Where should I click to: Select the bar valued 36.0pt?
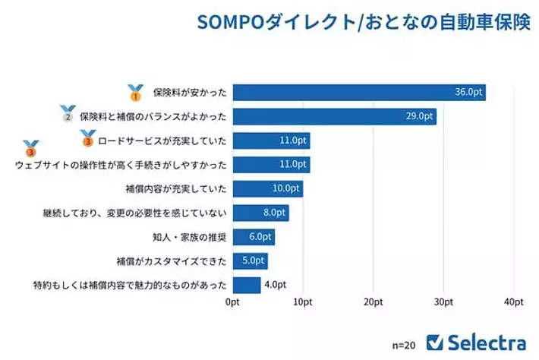pyautogui.click(x=358, y=93)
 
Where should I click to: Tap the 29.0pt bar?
pyautogui.click(x=334, y=117)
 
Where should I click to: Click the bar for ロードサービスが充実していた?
pyautogui.click(x=271, y=141)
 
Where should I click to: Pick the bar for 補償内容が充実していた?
pyautogui.click(x=267, y=188)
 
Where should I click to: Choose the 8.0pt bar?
pyautogui.click(x=260, y=213)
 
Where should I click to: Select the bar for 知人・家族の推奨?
pyautogui.click(x=254, y=237)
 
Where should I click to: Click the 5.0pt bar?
pyautogui.click(x=250, y=261)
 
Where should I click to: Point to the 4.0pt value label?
pyautogui.click(x=274, y=285)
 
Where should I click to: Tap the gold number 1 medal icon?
pyautogui.click(x=136, y=93)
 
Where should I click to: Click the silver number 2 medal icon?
pyautogui.click(x=68, y=115)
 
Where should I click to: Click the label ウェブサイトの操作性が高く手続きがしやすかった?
pyautogui.click(x=120, y=165)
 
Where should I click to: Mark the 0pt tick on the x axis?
pyautogui.click(x=233, y=302)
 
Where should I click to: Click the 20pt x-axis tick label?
pyautogui.click(x=373, y=302)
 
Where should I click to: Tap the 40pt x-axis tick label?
pyautogui.click(x=514, y=302)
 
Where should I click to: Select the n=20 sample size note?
pyautogui.click(x=404, y=344)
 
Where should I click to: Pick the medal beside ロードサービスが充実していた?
pyautogui.click(x=88, y=138)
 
